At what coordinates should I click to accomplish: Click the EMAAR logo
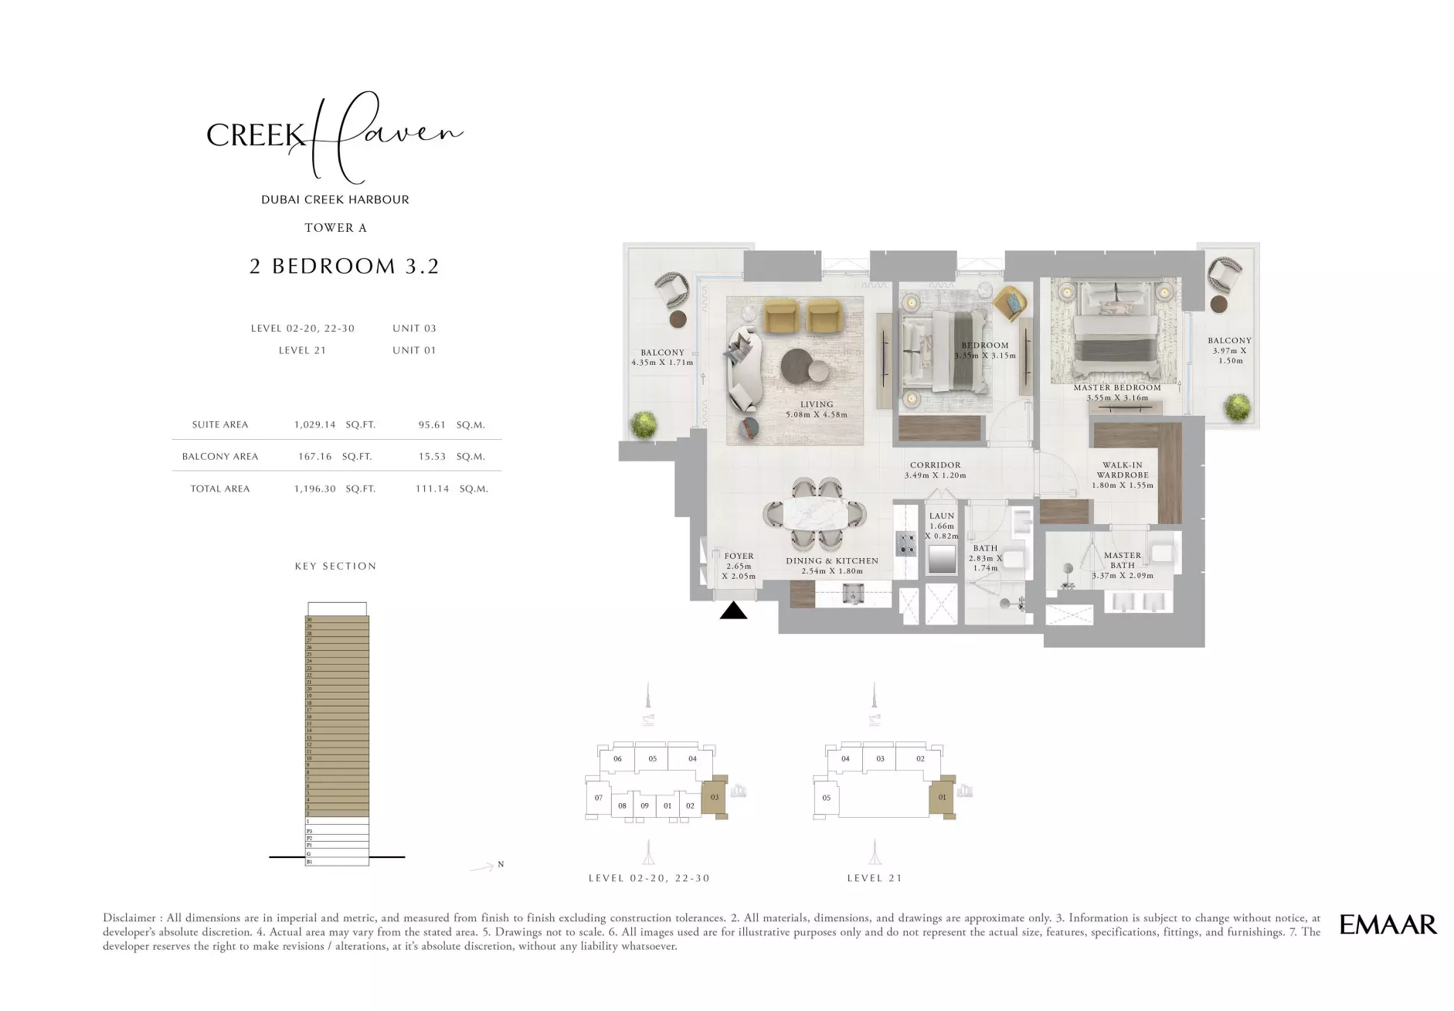(1388, 924)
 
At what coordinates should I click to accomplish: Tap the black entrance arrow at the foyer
(733, 611)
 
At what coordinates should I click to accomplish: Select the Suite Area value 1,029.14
(315, 425)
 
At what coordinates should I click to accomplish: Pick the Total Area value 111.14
(432, 489)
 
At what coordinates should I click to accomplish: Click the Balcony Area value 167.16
(315, 457)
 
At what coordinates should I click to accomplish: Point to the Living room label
(817, 404)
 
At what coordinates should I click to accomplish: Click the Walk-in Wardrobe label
(1123, 471)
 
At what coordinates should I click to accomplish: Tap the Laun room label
(942, 516)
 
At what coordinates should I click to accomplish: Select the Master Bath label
(1123, 560)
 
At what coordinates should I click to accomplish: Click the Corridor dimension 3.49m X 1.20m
(935, 475)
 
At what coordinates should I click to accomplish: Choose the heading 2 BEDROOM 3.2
(345, 267)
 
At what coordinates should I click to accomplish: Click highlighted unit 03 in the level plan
(715, 797)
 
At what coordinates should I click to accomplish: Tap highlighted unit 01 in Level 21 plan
(942, 797)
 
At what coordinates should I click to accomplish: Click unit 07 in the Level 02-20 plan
(598, 798)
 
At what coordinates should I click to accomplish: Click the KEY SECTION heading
(335, 567)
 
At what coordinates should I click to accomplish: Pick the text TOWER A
(335, 228)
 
